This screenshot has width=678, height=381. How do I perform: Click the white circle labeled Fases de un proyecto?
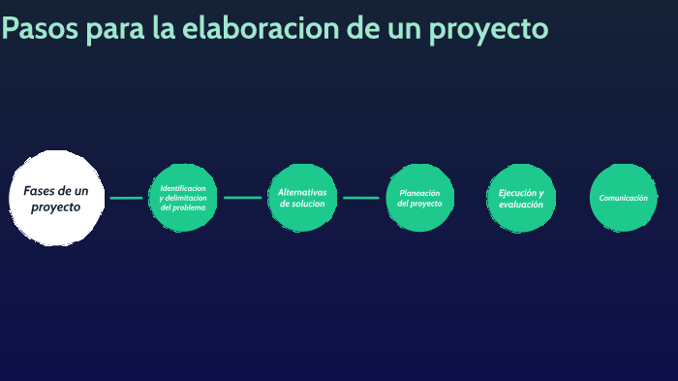pos(56,198)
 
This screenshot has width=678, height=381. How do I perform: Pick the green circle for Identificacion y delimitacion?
pos(183,198)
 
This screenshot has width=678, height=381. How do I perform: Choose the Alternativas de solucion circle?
pos(302,198)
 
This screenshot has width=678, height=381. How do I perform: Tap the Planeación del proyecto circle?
pos(420,198)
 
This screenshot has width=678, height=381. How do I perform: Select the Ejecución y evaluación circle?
pos(521,198)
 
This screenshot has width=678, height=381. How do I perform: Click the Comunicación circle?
pos(623,198)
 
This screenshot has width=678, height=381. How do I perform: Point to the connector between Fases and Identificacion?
pos(126,198)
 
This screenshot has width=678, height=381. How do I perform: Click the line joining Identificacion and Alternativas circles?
pos(242,198)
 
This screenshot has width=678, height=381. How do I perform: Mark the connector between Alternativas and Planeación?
pos(361,198)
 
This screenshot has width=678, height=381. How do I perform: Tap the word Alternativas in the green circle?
pos(302,192)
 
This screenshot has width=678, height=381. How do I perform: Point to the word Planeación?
pos(420,192)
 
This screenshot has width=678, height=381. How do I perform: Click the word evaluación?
pos(521,205)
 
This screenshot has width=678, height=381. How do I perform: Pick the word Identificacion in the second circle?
pos(183,188)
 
